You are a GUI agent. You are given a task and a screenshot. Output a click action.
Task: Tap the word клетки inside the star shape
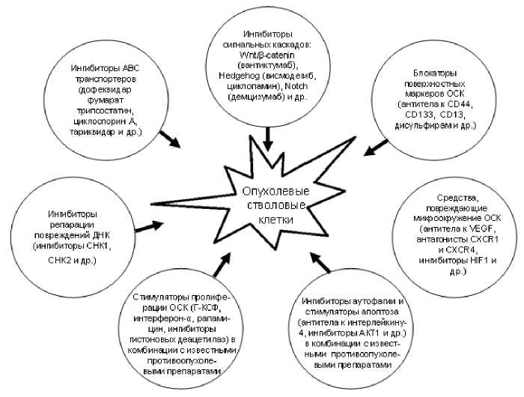[x=267, y=219]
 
